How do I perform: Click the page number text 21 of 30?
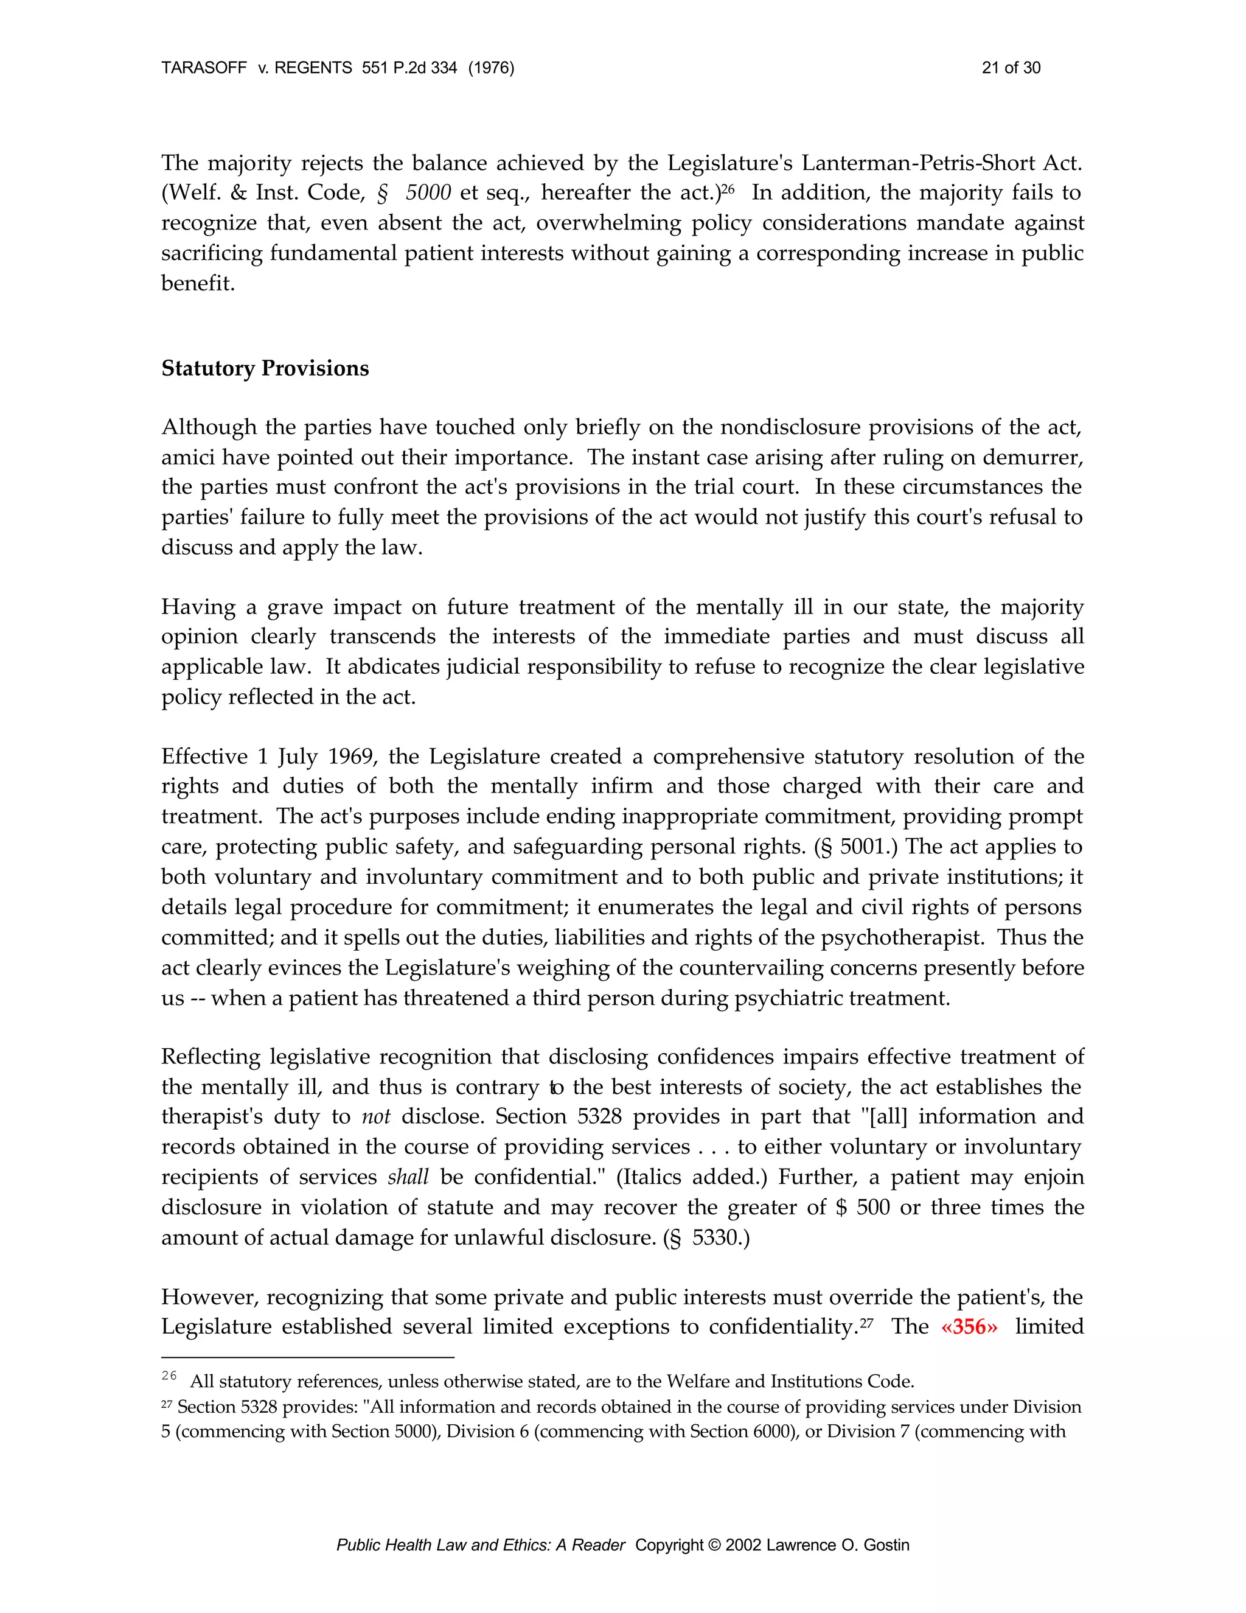click(1011, 68)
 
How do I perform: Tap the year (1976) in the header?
click(491, 68)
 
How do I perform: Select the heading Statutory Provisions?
click(265, 368)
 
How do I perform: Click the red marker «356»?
click(969, 1326)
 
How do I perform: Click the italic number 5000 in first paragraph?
click(428, 193)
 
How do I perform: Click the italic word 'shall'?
click(408, 1177)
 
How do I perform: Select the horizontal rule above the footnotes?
click(307, 1357)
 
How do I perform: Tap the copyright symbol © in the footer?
click(714, 1544)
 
